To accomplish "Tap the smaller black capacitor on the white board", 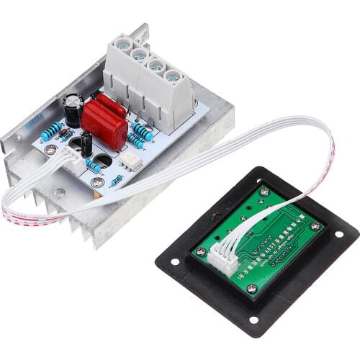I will (86, 143).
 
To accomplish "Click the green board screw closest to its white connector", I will (251, 289).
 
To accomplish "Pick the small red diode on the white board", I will (66, 135).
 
